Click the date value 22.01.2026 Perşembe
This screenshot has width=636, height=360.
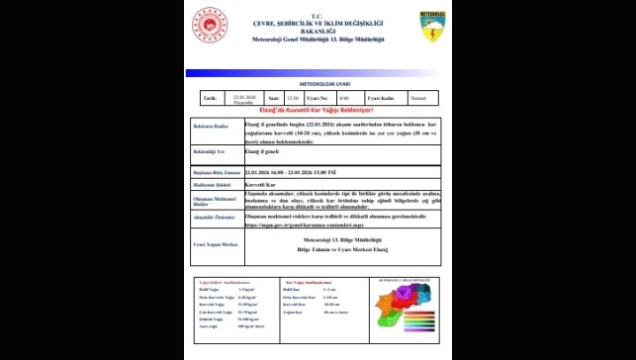click(x=244, y=98)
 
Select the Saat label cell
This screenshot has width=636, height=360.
click(x=272, y=98)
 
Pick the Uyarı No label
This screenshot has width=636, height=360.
click(x=316, y=98)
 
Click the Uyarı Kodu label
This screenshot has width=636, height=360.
click(x=381, y=98)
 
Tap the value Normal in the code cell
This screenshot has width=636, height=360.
click(x=418, y=98)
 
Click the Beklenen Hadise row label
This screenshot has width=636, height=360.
click(x=211, y=128)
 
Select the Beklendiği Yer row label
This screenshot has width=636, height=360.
click(x=211, y=153)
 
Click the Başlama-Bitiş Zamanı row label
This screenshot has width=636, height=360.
click(x=217, y=172)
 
